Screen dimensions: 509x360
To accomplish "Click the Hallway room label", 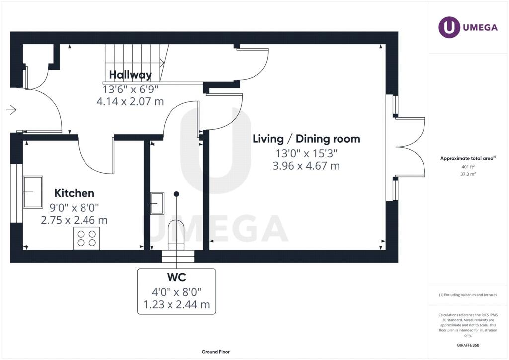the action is click(x=130, y=75).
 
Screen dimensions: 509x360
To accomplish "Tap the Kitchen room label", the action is click(x=75, y=193).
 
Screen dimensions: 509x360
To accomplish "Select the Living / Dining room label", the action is click(x=306, y=139).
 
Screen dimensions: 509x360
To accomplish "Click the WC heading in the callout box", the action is click(x=176, y=277).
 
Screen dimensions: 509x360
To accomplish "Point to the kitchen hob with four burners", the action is click(x=86, y=238).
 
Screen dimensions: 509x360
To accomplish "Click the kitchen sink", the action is click(x=33, y=192).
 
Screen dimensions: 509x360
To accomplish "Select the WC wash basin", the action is click(x=157, y=203).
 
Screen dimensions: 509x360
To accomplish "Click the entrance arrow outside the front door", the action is click(x=11, y=110).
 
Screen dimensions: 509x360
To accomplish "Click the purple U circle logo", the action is click(x=449, y=27).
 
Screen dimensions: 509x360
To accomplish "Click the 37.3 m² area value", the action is click(x=468, y=174).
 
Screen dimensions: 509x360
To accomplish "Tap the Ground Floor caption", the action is click(x=216, y=352).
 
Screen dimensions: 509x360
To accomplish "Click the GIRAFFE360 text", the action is click(x=468, y=345).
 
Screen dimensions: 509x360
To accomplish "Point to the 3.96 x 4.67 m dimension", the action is click(x=306, y=166).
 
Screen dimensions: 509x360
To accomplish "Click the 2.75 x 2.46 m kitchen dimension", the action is click(x=75, y=220).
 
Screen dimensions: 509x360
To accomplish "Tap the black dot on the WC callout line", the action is click(x=176, y=194).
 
